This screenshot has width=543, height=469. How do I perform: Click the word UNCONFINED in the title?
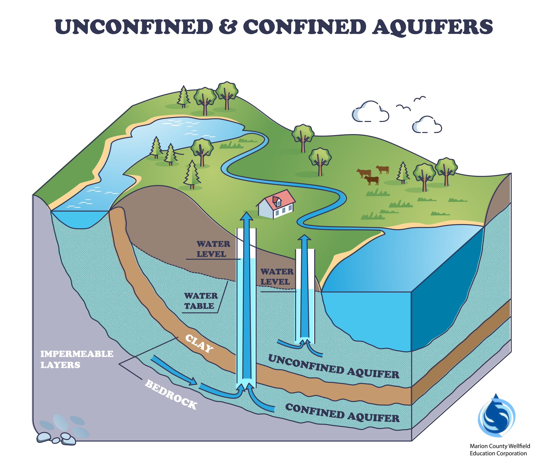tap(134, 27)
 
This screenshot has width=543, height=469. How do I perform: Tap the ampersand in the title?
tap(227, 27)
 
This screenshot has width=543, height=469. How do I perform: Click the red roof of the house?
tap(282, 200)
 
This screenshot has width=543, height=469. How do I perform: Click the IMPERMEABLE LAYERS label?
tap(77, 359)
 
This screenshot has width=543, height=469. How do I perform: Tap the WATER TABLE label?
tap(201, 301)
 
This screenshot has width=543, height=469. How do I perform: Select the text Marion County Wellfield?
tap(500, 446)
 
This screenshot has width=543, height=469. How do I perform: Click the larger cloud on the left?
tap(370, 112)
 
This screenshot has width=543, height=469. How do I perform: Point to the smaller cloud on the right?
tap(427, 125)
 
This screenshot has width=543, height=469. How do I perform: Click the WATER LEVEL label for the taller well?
tap(213, 249)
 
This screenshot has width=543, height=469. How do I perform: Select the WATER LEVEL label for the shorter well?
tap(277, 277)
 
